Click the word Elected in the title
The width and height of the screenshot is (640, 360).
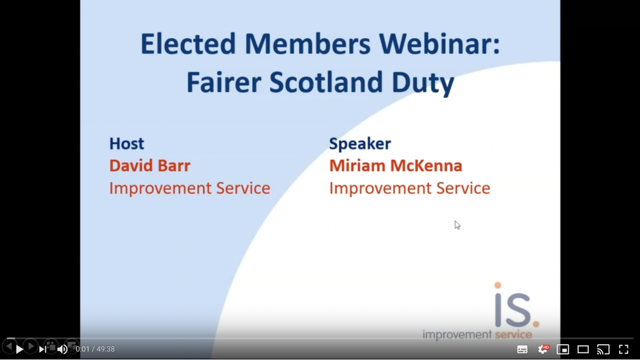(188, 44)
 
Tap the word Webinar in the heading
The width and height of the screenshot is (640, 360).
(439, 44)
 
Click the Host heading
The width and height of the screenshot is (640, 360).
(126, 144)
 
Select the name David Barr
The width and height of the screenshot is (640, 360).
(149, 166)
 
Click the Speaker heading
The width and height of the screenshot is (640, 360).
(360, 144)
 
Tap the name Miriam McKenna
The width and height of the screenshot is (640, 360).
(395, 166)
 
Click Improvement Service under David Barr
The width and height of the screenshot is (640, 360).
(189, 188)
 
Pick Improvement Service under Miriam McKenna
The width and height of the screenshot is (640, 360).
(409, 188)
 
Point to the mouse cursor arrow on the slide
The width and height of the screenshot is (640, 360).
(457, 225)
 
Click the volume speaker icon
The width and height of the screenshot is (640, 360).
(62, 350)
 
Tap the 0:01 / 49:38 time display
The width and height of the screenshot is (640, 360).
(95, 350)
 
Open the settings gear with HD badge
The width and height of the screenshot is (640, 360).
(543, 349)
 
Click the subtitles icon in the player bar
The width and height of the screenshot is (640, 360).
(522, 350)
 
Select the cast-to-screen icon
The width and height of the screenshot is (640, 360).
(603, 350)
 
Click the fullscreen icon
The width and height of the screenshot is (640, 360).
(624, 350)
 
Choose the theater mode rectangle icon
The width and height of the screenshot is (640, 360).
(583, 350)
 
